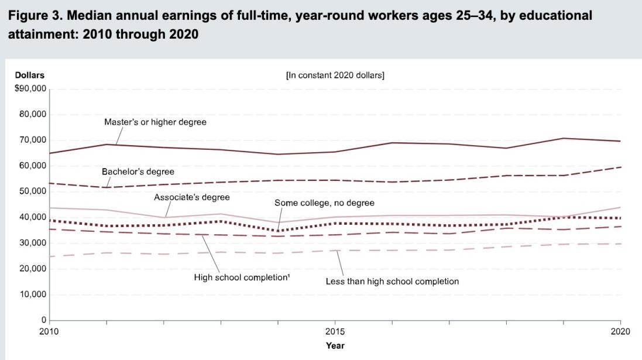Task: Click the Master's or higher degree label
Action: [x=155, y=122]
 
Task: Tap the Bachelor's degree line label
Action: [x=138, y=172]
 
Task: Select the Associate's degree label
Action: [x=191, y=197]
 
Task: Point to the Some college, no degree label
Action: [x=324, y=203]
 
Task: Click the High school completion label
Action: [x=242, y=277]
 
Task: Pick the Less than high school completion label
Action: [x=392, y=282]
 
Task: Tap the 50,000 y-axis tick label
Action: [x=33, y=191]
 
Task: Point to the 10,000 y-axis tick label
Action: [x=33, y=294]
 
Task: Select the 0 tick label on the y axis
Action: [x=43, y=320]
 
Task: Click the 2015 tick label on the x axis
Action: [x=335, y=331]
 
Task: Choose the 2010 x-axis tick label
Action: [x=50, y=331]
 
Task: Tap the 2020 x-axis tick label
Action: [x=620, y=331]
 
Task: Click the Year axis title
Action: [x=335, y=345]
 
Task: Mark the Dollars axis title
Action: [x=29, y=75]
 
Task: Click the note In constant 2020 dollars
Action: [x=335, y=76]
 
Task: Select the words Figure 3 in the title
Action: [x=32, y=16]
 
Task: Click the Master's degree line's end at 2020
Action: [x=620, y=141]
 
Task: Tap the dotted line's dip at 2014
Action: [x=278, y=231]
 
